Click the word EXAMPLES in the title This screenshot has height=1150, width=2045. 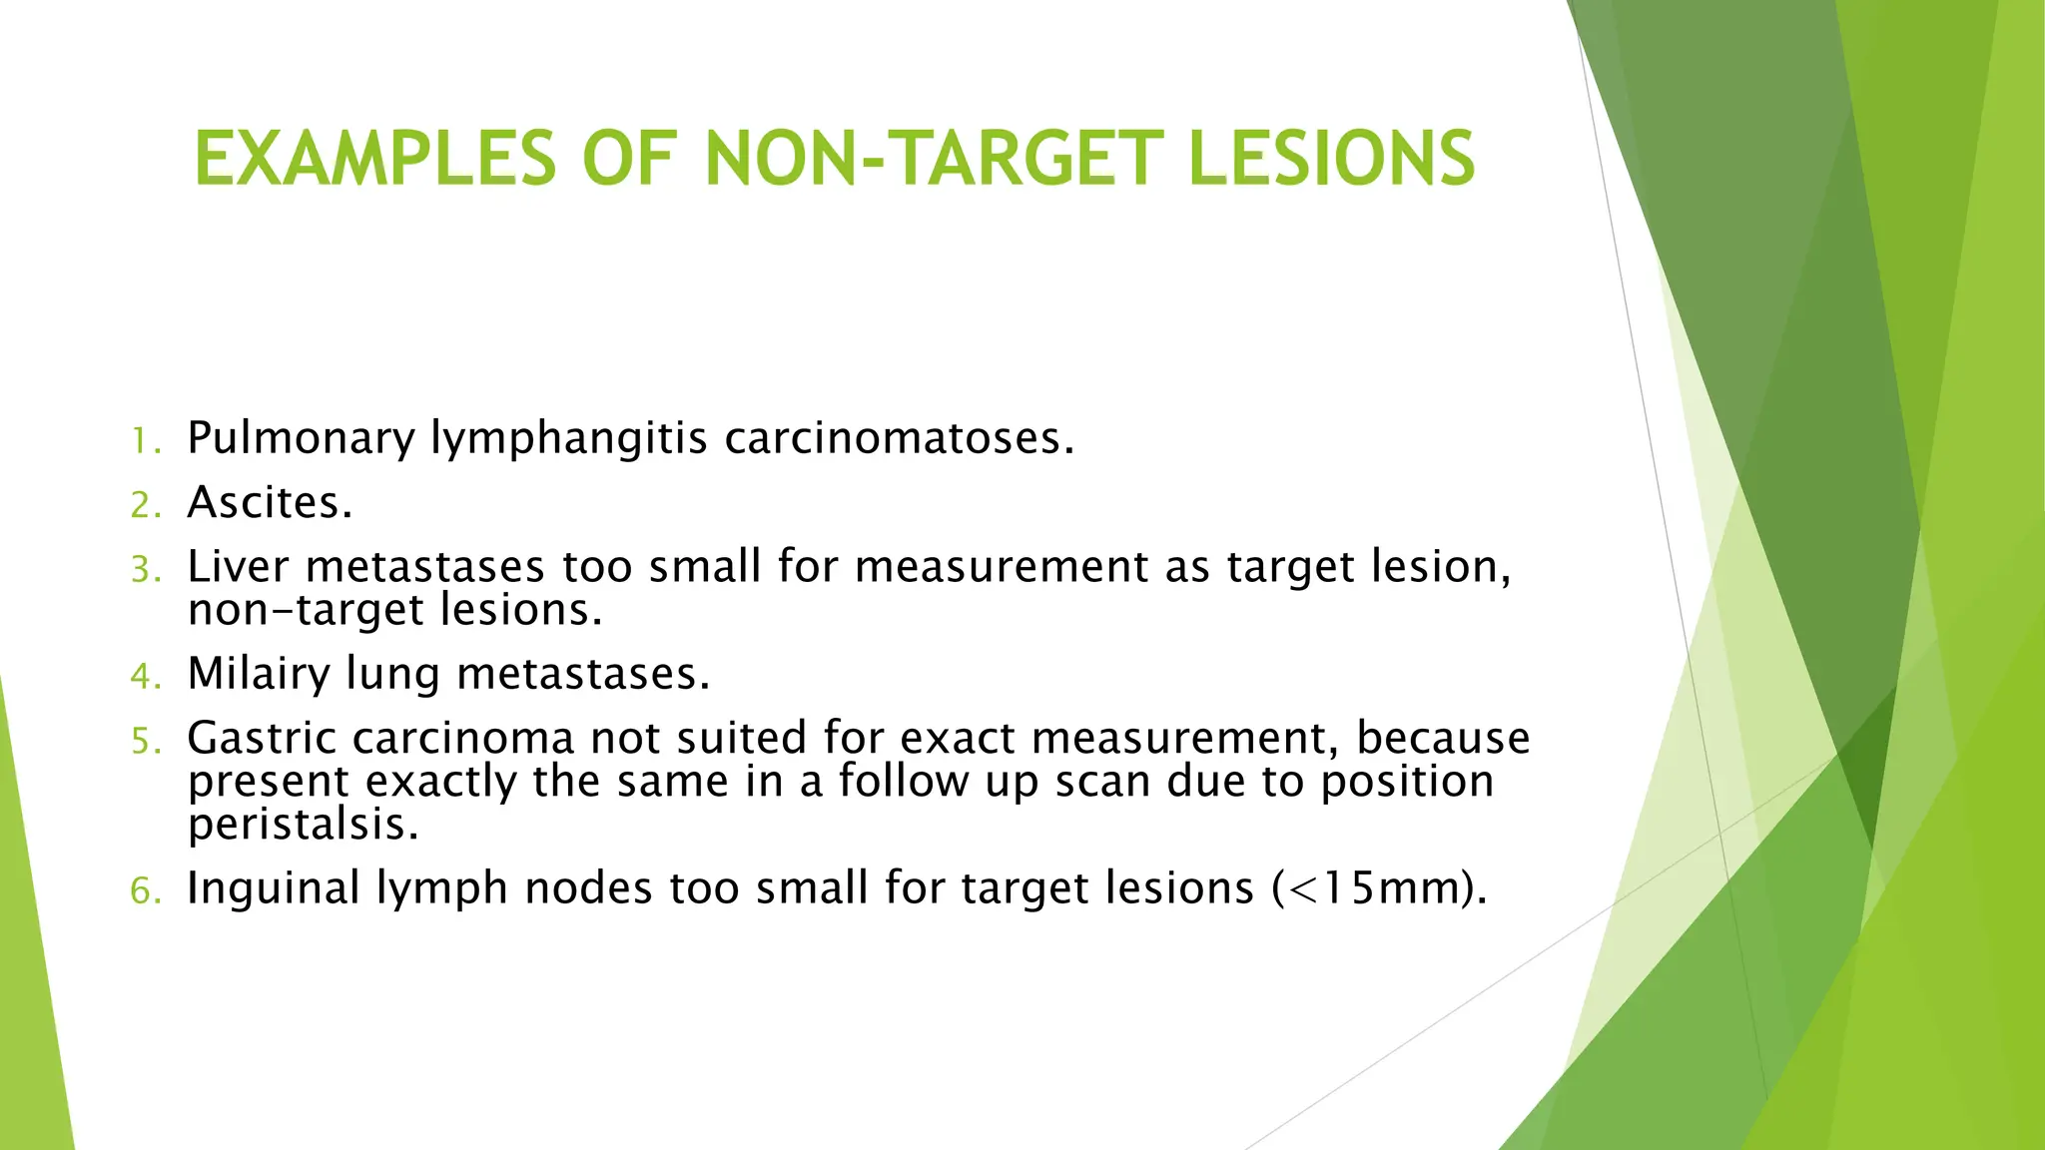[374, 159]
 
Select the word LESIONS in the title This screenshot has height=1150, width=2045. [1331, 159]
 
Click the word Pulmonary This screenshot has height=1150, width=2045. [301, 439]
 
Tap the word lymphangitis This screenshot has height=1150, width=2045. [569, 439]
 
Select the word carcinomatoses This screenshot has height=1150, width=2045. [899, 437]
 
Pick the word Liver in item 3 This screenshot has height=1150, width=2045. [238, 566]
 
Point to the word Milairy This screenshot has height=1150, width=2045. [259, 675]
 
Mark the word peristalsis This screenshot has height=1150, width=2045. [303, 826]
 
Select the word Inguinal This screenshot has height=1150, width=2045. [273, 888]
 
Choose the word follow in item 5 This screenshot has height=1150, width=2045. [904, 781]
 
